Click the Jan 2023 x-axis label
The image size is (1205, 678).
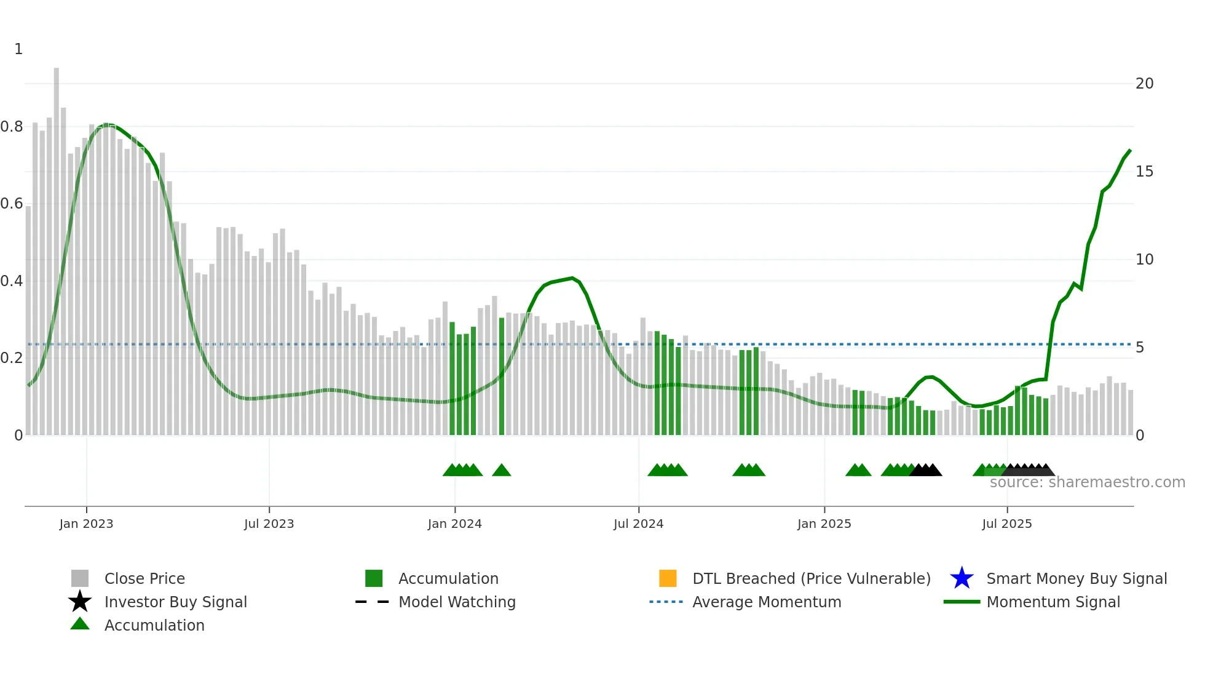[86, 524]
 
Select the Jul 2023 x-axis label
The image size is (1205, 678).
[269, 524]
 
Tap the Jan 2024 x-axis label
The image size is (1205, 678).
[454, 524]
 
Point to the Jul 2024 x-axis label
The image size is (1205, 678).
[638, 524]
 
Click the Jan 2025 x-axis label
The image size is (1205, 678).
[824, 524]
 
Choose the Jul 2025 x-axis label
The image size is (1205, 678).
[1006, 524]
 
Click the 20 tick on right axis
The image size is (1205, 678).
[1144, 84]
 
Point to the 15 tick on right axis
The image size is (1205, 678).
[1144, 172]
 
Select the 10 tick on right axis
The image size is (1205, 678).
[1144, 260]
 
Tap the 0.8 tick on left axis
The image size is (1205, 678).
[12, 127]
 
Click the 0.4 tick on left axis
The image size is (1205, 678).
[12, 281]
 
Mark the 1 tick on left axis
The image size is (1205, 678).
[18, 49]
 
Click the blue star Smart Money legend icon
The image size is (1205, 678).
[962, 578]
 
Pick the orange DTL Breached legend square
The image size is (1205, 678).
[668, 578]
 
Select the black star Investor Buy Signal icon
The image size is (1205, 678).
[80, 602]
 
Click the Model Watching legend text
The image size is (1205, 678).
[457, 602]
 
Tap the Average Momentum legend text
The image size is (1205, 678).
[767, 602]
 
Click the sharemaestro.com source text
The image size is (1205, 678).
[1087, 482]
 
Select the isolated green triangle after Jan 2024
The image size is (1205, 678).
[502, 471]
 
